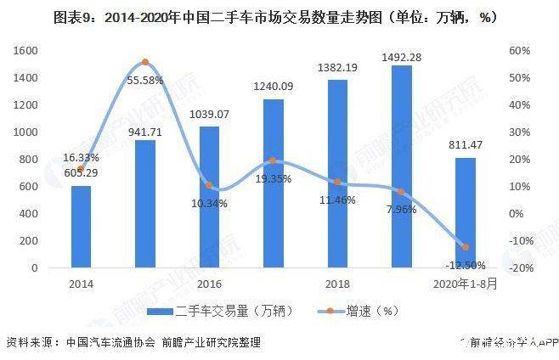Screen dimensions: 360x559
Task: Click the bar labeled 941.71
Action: pyautogui.click(x=144, y=204)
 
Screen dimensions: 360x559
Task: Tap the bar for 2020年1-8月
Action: pyautogui.click(x=463, y=212)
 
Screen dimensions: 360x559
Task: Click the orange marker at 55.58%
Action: pyautogui.click(x=144, y=62)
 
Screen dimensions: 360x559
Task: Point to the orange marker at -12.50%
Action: pyautogui.click(x=464, y=247)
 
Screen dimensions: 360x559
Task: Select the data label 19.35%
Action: pyautogui.click(x=273, y=179)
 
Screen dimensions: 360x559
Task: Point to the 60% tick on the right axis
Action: pyautogui.click(x=520, y=51)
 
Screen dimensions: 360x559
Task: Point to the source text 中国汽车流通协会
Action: pyautogui.click(x=110, y=343)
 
